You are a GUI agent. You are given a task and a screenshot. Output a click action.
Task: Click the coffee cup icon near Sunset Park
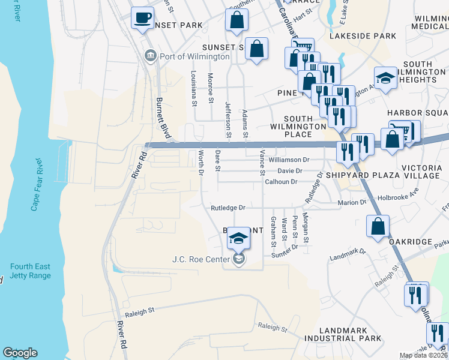point(142,19)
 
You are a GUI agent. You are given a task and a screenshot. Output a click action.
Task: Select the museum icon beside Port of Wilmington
point(150,56)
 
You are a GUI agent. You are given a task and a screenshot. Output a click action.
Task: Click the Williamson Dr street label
point(289,160)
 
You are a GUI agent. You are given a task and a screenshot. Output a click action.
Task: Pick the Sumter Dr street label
point(285,255)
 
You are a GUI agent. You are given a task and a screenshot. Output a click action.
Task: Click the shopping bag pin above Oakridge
point(378,227)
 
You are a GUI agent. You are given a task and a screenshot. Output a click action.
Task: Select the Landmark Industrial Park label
point(351,335)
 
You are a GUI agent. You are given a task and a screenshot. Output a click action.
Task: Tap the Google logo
point(20,353)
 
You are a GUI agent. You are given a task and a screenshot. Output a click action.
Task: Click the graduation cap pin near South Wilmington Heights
point(385,78)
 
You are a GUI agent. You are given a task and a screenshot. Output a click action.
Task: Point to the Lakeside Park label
point(363,36)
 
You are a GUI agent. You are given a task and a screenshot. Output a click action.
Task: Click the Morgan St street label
point(306,229)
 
